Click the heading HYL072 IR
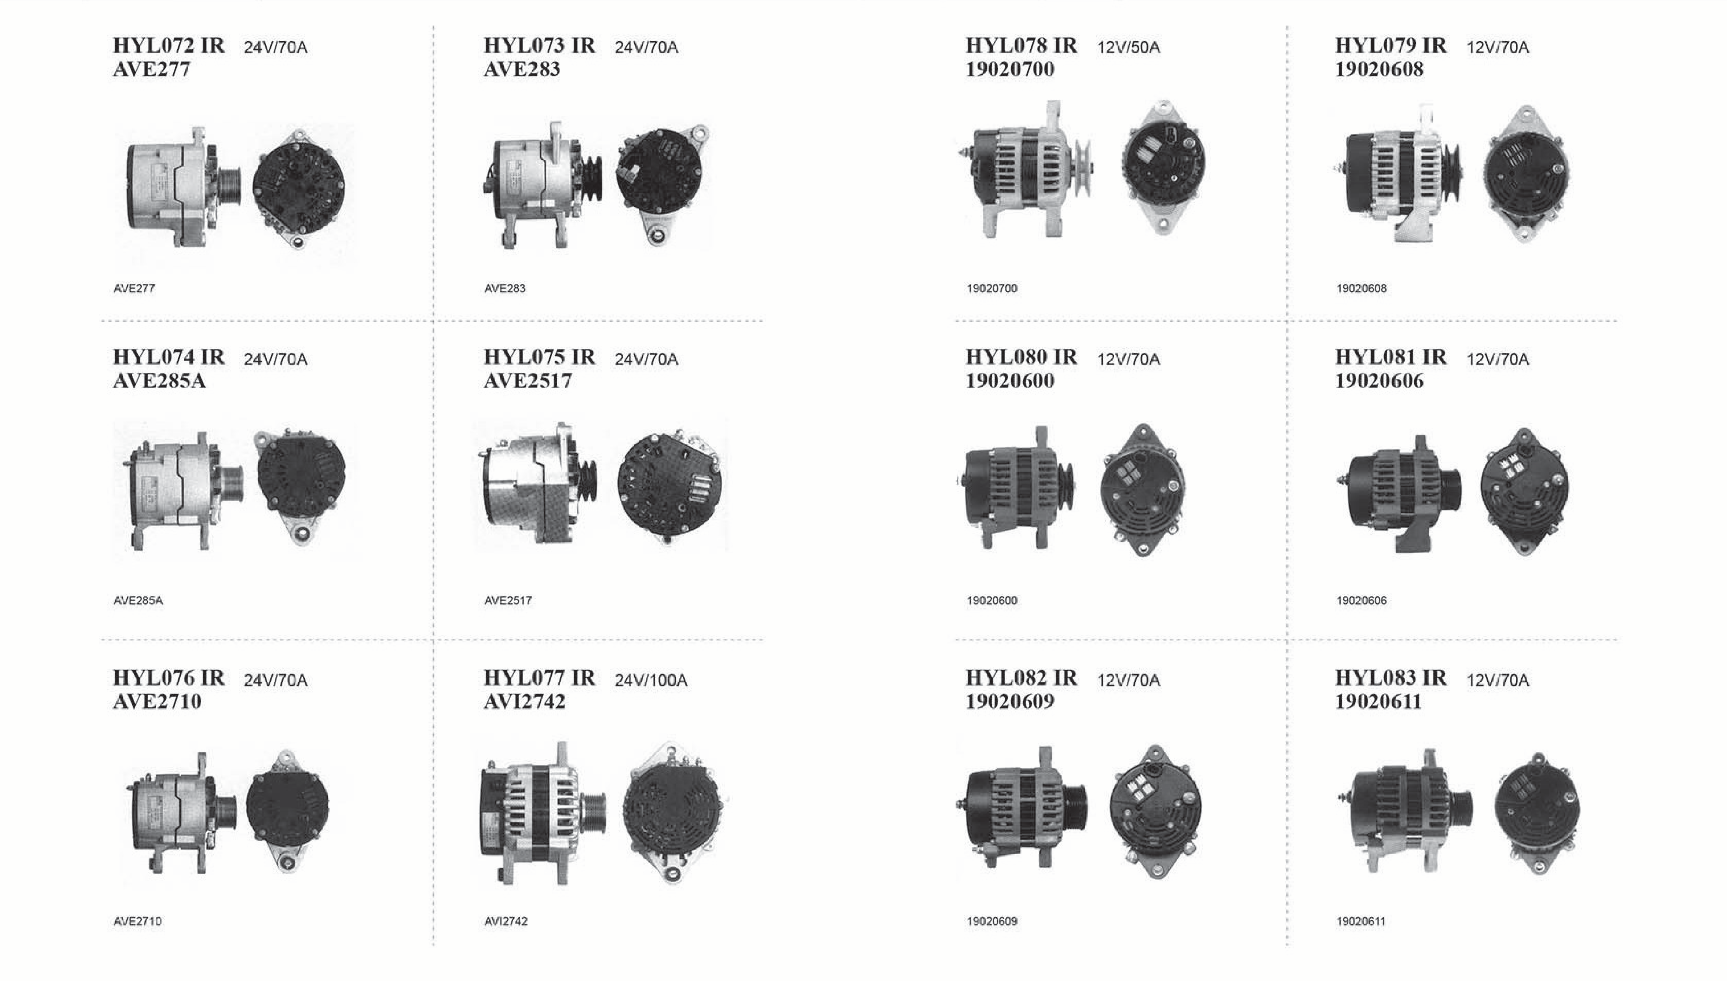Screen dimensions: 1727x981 pos(169,46)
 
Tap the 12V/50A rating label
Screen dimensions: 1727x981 pos(1128,47)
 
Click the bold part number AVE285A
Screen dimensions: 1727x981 pos(159,381)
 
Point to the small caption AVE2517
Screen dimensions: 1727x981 pos(507,600)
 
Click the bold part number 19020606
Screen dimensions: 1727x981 pos(1379,381)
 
